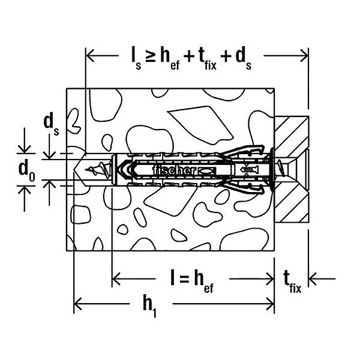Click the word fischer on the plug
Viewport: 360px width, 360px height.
[x=174, y=170]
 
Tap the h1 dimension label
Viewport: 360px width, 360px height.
[x=150, y=306]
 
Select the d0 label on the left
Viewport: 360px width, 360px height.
[x=27, y=170]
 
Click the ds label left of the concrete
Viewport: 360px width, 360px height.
[x=51, y=124]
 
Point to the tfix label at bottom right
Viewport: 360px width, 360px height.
[x=292, y=282]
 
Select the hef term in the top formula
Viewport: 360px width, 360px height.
[x=170, y=58]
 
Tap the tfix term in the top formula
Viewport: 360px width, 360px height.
[x=208, y=58]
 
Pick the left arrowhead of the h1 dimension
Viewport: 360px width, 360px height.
[x=77, y=304]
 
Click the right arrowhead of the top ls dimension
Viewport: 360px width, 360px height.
[x=304, y=56]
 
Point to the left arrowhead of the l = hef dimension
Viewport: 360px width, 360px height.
[x=116, y=279]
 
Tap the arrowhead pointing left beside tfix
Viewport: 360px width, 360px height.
[x=313, y=279]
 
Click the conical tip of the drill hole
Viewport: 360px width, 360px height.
[x=80, y=170]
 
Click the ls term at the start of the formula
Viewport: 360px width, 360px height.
[x=136, y=58]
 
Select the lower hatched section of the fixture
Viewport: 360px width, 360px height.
[x=292, y=203]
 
